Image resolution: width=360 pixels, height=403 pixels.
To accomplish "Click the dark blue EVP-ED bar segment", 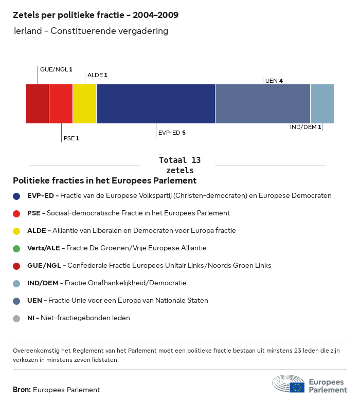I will coord(156,104).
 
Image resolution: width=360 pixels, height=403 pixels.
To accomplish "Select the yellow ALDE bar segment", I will coord(84,104).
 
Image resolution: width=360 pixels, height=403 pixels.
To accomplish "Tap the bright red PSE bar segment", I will coord(61,104).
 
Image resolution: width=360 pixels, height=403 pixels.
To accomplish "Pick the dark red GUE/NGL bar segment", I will coord(37,104).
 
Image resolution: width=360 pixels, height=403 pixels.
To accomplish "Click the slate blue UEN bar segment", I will coord(263,104).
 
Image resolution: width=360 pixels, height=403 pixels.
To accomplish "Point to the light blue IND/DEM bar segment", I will coord(322,104).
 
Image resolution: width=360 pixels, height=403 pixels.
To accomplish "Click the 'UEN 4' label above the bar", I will coord(274,81).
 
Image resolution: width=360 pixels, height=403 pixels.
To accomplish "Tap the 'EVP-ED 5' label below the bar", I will coord(172,133).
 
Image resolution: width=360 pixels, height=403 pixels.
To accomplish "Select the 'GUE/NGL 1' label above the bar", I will coord(56,69).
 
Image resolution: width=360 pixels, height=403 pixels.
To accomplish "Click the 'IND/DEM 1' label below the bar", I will coord(305,127).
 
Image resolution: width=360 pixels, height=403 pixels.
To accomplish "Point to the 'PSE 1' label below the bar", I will coord(71,138).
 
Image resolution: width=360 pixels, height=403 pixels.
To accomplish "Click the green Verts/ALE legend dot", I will coord(16,248).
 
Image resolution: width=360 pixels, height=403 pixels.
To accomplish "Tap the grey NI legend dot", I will coord(16,318).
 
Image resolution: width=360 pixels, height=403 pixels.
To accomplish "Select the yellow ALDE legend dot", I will coord(16,231).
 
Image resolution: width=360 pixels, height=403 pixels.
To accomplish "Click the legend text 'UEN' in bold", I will coord(35,301).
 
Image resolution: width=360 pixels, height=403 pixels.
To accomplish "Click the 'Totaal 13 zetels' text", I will coord(179,165).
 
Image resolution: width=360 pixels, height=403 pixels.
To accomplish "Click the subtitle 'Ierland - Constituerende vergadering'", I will coord(92,31).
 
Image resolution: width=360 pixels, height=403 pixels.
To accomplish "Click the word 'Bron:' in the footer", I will coord(22,390).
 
